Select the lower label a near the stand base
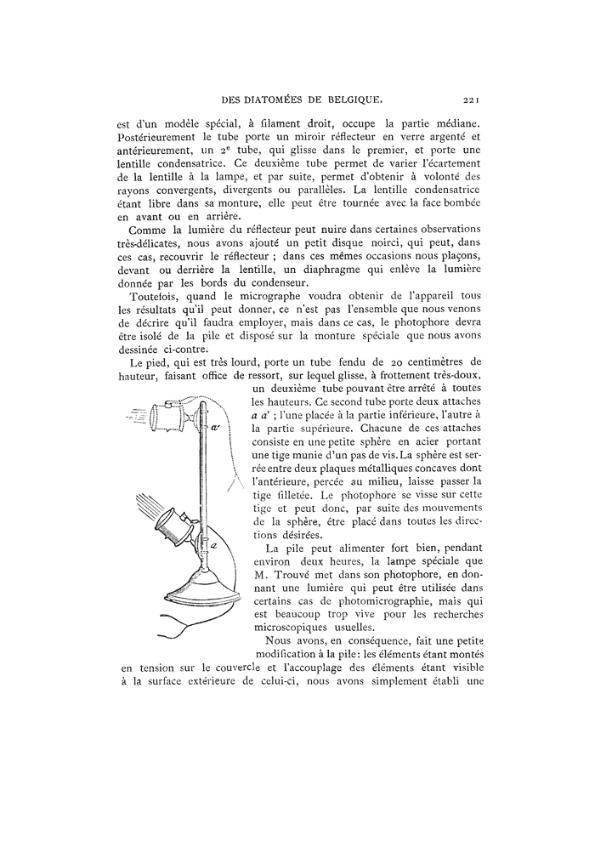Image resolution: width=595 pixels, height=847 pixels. point(213,547)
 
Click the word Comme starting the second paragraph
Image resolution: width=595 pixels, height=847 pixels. point(145,231)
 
